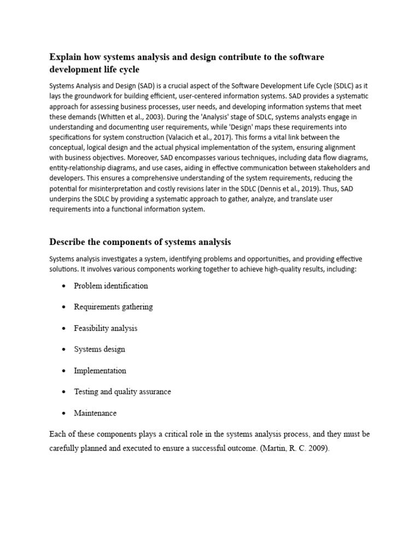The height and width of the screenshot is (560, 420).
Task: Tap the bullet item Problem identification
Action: (111, 285)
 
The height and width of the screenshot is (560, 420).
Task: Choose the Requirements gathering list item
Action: (113, 307)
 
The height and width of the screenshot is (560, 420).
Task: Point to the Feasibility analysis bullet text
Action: (106, 328)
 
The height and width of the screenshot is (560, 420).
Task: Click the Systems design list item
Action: (100, 349)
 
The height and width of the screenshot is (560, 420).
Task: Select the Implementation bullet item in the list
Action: (100, 370)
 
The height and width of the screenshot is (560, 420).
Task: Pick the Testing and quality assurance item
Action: (122, 392)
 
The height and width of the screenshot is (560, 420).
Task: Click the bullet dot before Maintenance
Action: (65, 413)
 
